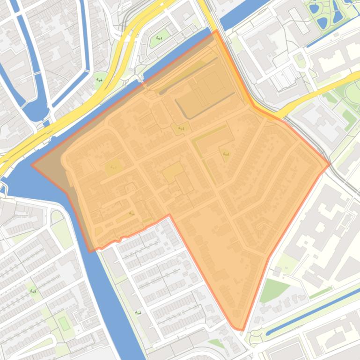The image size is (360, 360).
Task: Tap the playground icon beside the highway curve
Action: (x=99, y=79)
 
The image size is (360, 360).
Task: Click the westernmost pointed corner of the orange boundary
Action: (x=32, y=165)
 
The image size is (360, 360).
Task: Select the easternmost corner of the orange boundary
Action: (x=330, y=165)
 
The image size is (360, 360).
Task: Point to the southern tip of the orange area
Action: (x=242, y=330)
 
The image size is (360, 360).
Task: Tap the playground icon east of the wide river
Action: (x=137, y=312)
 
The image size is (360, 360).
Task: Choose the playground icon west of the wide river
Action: (x=33, y=291)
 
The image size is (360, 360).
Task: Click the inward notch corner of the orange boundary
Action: (x=169, y=215)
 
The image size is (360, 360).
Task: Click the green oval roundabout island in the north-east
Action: (x=300, y=60)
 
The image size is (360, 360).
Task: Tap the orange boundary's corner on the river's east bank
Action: (x=90, y=251)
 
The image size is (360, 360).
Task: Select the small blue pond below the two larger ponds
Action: (x=322, y=22)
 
